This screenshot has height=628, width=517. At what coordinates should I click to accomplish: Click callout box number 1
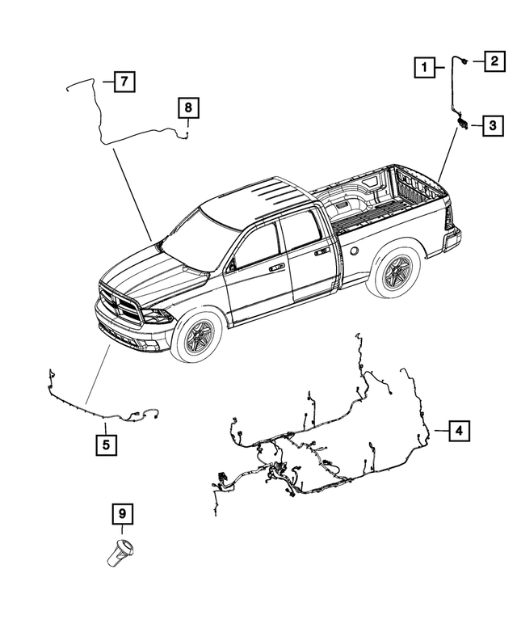click(x=422, y=68)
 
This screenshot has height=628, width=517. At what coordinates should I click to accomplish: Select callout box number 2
click(x=494, y=61)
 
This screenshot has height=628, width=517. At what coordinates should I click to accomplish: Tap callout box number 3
click(x=493, y=125)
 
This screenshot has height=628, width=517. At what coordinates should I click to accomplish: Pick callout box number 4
click(x=458, y=431)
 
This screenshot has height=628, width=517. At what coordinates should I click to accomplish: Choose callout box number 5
click(x=105, y=444)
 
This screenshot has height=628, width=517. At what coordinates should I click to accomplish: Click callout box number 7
click(x=123, y=81)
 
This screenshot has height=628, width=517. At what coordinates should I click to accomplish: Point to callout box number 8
click(x=187, y=107)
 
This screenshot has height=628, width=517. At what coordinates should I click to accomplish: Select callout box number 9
click(x=123, y=514)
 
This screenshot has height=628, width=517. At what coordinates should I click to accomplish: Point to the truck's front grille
click(x=119, y=305)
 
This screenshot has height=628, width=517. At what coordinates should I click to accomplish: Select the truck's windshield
click(x=194, y=240)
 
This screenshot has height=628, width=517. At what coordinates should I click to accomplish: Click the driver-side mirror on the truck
click(x=232, y=264)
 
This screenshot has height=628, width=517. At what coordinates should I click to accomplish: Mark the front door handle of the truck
click(x=277, y=266)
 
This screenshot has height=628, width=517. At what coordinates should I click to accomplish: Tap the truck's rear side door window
click(x=300, y=232)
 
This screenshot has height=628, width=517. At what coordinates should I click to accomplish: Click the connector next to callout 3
click(x=463, y=122)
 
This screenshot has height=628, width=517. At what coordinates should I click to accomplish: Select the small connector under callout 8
click(x=186, y=134)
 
